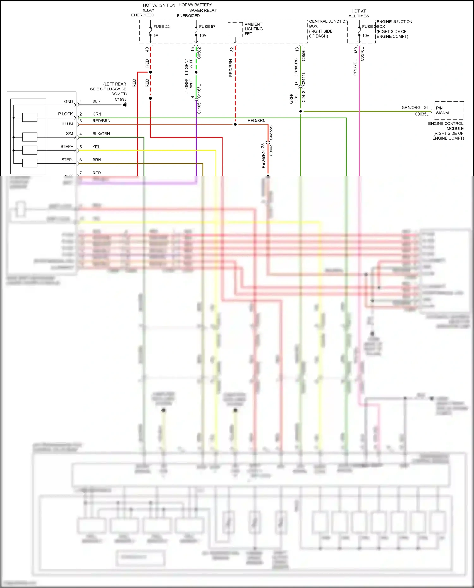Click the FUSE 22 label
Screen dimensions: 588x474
tap(161, 27)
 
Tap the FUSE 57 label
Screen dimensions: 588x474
tap(207, 27)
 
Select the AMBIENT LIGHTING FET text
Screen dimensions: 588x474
tap(253, 29)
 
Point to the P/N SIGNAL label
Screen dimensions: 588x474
tap(443, 110)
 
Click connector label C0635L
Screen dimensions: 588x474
tap(422, 114)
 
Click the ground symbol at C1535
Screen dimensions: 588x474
tap(125, 105)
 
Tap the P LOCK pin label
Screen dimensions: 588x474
tap(65, 114)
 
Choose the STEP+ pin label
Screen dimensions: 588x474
tap(67, 147)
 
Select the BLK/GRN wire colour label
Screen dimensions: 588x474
tap(101, 134)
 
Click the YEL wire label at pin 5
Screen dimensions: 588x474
tap(96, 147)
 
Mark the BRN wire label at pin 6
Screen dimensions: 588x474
tap(97, 160)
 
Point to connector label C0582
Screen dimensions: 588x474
tap(199, 53)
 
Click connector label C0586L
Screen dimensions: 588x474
tap(304, 54)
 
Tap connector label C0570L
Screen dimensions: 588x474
tap(362, 54)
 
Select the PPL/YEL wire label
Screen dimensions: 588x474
tap(355, 67)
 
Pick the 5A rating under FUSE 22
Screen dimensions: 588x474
tap(156, 36)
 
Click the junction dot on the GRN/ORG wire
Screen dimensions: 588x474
tap(301, 111)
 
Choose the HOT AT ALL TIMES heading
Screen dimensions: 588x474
tap(359, 13)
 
